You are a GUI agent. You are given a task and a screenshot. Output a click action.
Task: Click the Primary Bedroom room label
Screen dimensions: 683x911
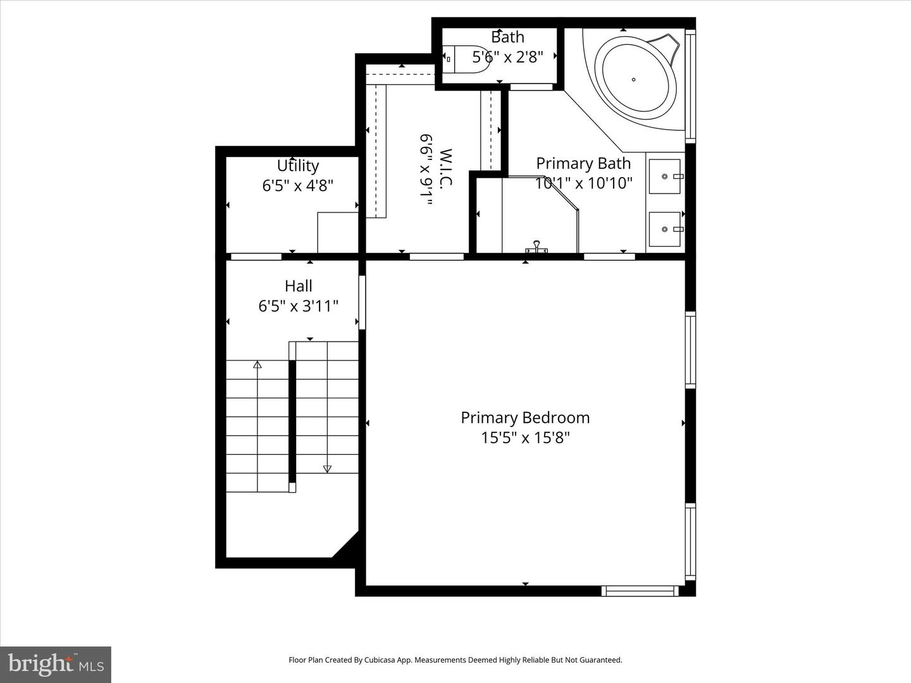click(x=525, y=417)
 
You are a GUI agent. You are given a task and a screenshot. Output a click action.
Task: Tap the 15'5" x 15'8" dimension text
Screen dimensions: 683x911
click(x=525, y=438)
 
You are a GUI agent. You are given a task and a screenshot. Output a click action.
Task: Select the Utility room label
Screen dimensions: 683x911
click(x=297, y=166)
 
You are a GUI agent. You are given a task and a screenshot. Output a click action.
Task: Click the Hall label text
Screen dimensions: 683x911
click(x=298, y=286)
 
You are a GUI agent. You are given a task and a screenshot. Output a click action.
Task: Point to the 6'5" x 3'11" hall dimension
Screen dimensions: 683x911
click(x=298, y=306)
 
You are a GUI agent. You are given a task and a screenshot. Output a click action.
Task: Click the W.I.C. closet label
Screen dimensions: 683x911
click(x=445, y=168)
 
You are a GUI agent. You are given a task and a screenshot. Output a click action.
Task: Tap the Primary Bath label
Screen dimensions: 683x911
click(x=583, y=163)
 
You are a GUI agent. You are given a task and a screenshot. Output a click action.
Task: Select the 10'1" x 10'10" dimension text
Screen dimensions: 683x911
click(x=583, y=183)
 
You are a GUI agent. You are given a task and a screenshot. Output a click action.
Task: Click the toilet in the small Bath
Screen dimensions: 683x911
click(x=468, y=59)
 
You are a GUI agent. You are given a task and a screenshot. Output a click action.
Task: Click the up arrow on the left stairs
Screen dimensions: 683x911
click(x=257, y=365)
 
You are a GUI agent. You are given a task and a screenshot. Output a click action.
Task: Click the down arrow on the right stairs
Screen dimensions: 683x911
click(x=327, y=469)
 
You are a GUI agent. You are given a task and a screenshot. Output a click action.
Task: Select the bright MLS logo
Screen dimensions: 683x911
click(x=56, y=664)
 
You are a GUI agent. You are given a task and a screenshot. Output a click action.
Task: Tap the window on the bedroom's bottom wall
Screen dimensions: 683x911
click(x=640, y=591)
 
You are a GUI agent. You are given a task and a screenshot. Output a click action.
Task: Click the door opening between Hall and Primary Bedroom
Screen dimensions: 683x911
click(x=362, y=302)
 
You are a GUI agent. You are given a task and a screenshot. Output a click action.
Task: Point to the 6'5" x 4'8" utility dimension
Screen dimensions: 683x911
click(x=297, y=186)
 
